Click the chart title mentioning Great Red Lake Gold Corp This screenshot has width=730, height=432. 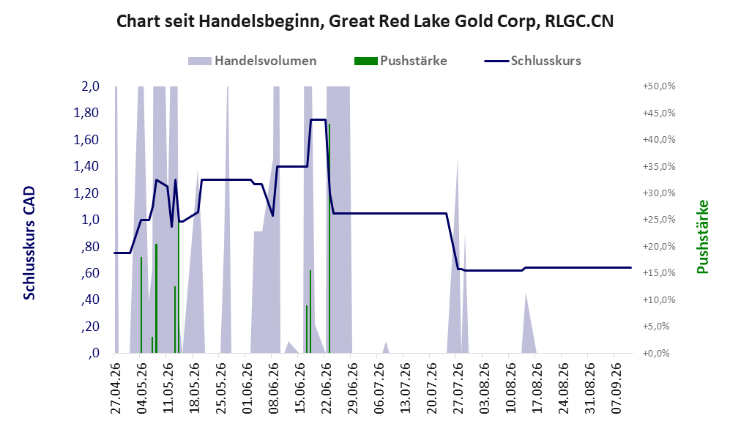click(365, 21)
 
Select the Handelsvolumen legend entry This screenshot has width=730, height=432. click(253, 61)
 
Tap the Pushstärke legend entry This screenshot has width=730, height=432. click(401, 61)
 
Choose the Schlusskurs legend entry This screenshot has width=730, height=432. click(532, 61)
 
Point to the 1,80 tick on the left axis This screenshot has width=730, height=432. click(86, 113)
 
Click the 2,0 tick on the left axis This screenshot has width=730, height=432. click(90, 86)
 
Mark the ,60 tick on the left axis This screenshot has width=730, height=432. click(90, 273)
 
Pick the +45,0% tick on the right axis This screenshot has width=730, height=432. click(659, 113)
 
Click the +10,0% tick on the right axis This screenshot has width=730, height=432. click(659, 299)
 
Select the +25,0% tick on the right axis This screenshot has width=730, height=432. click(659, 220)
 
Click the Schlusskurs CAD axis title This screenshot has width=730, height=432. click(29, 243)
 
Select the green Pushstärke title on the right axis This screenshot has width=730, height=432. click(702, 237)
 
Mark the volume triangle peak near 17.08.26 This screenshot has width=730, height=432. click(526, 294)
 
